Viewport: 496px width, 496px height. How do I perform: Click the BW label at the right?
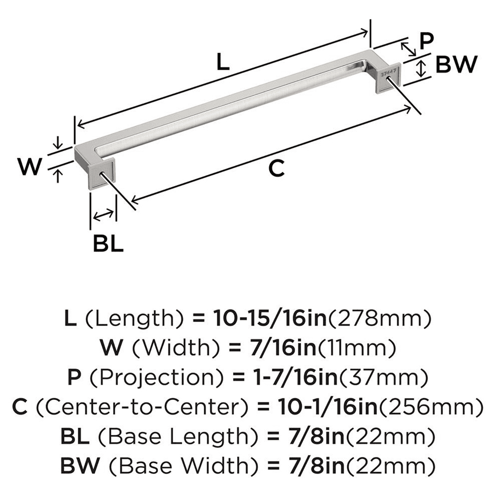tap(456, 65)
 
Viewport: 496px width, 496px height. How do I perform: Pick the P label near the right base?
tap(426, 41)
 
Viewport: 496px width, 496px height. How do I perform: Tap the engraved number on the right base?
tap(390, 72)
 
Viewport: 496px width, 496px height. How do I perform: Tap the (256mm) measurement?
tap(431, 408)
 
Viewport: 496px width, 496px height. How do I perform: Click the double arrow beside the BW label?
tap(421, 67)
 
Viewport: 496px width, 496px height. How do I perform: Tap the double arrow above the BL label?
tap(103, 215)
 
